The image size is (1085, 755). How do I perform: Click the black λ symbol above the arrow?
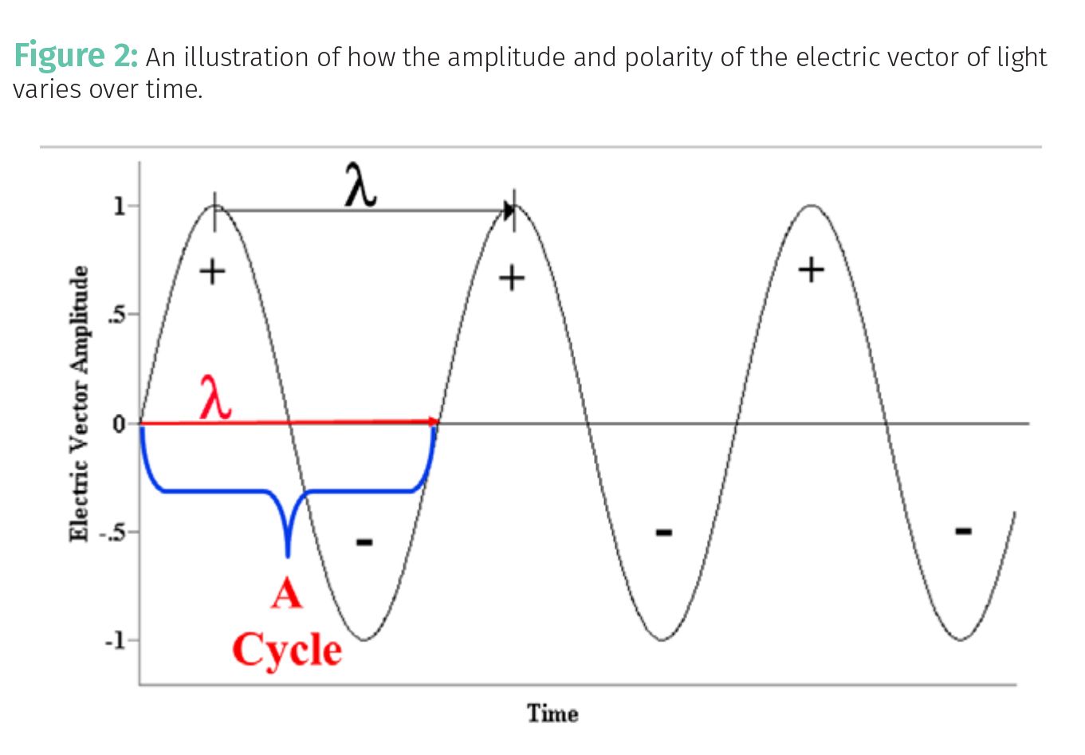(360, 185)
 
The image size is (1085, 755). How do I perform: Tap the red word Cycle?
(287, 650)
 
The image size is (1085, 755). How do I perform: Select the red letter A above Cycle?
(286, 594)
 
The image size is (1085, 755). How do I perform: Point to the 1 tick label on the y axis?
(119, 206)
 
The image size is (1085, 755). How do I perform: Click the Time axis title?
(552, 713)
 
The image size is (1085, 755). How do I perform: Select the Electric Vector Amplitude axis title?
(79, 403)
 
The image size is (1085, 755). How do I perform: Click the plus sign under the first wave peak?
(212, 273)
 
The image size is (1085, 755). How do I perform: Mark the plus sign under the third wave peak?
(811, 270)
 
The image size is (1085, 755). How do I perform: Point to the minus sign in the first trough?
(364, 542)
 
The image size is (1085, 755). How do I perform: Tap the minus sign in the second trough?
(663, 532)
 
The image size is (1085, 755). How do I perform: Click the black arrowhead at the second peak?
(509, 210)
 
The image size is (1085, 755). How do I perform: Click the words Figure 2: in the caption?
(77, 56)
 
